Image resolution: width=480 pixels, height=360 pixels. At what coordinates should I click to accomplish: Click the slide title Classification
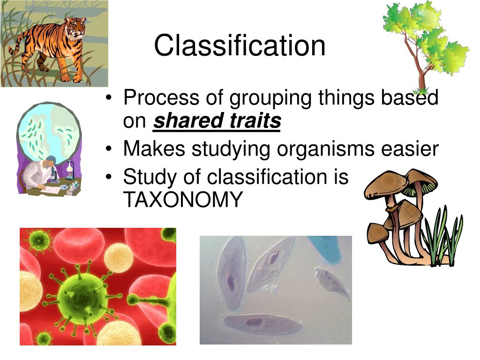[240, 45]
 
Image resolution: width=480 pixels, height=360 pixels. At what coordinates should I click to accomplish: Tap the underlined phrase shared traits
[217, 120]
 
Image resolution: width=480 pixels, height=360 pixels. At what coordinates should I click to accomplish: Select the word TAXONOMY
[183, 200]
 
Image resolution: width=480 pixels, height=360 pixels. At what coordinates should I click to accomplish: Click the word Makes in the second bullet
[154, 149]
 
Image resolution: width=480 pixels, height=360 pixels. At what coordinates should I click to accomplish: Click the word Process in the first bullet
[161, 97]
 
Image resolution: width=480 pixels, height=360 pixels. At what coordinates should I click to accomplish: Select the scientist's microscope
[54, 173]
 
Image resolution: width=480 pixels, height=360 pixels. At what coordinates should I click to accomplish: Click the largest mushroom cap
[386, 184]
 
